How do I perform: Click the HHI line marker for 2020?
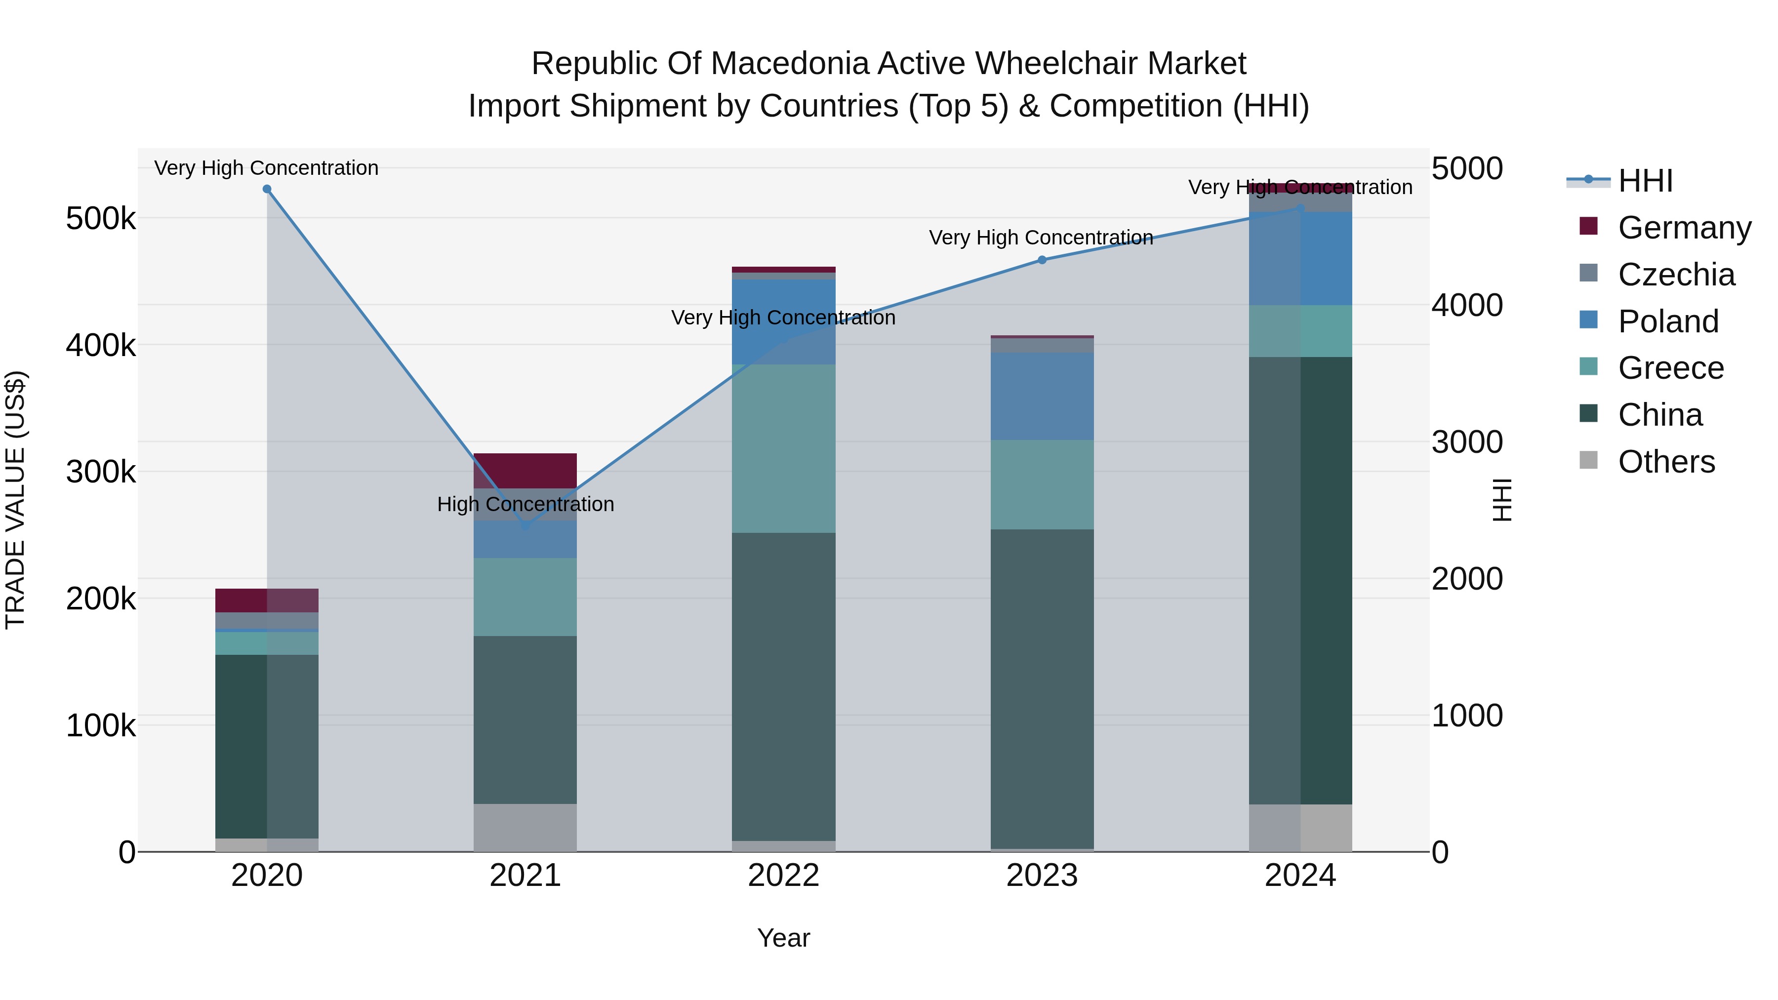[267, 189]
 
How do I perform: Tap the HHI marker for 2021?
[525, 525]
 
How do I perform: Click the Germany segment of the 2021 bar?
[525, 471]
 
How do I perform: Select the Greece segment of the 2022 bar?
[783, 448]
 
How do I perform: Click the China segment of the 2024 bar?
[1300, 580]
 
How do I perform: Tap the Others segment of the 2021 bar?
[525, 828]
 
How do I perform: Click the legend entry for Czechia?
[1675, 275]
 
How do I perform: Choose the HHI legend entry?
[1645, 181]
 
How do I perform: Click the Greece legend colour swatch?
[1588, 366]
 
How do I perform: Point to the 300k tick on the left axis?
[101, 472]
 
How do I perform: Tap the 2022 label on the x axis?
[783, 876]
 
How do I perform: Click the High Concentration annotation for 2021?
[525, 505]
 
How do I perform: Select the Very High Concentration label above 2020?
[266, 168]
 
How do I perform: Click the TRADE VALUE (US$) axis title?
[15, 500]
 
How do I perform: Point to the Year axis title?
[783, 938]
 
